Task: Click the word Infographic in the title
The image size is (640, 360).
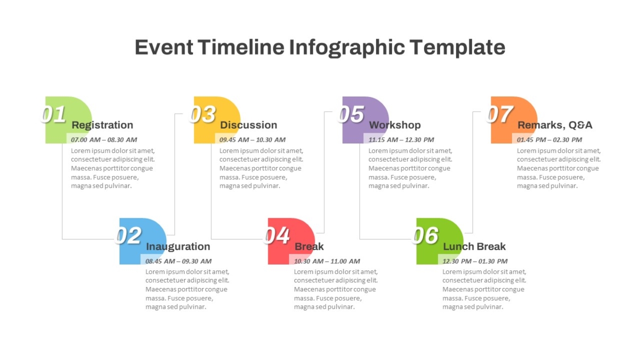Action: pyautogui.click(x=347, y=48)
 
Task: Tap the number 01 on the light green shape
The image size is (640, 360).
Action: pyautogui.click(x=54, y=114)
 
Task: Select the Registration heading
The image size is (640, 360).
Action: pyautogui.click(x=102, y=125)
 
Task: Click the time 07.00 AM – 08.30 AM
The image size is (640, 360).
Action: pyautogui.click(x=104, y=140)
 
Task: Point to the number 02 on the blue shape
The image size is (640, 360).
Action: pyautogui.click(x=129, y=236)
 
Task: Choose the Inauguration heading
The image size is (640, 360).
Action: pyautogui.click(x=178, y=246)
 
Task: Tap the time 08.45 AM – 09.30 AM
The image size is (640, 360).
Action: pyautogui.click(x=179, y=261)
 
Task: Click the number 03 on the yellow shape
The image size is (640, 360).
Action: pyautogui.click(x=203, y=114)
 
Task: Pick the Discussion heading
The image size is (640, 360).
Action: pyautogui.click(x=249, y=125)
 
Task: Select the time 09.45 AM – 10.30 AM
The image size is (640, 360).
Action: pyautogui.click(x=253, y=140)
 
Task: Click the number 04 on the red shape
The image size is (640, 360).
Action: pyautogui.click(x=277, y=236)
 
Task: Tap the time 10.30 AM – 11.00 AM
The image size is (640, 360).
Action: pyautogui.click(x=327, y=261)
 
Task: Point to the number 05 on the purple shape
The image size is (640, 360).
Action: pyautogui.click(x=351, y=114)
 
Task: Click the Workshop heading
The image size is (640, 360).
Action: pyautogui.click(x=395, y=125)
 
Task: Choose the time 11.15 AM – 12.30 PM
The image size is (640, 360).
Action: pyautogui.click(x=401, y=140)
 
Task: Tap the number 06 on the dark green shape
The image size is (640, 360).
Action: pyautogui.click(x=426, y=236)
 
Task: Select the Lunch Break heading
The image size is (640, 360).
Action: pyautogui.click(x=474, y=246)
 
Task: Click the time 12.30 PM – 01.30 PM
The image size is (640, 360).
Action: pyautogui.click(x=475, y=261)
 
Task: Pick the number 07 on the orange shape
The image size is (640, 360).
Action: pyautogui.click(x=500, y=114)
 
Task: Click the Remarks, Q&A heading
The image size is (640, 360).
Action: pyautogui.click(x=555, y=125)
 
